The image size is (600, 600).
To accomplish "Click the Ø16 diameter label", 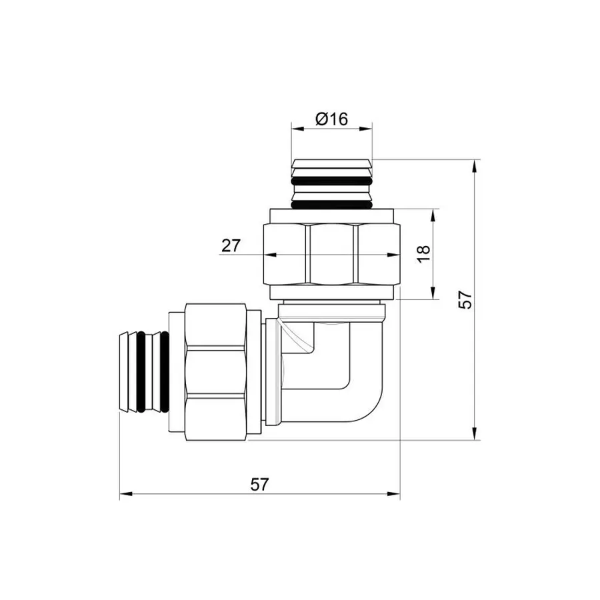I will pyautogui.click(x=331, y=119).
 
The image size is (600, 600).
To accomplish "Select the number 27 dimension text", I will pyautogui.click(x=231, y=245).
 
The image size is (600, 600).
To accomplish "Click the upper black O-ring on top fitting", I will pyautogui.click(x=331, y=181).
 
